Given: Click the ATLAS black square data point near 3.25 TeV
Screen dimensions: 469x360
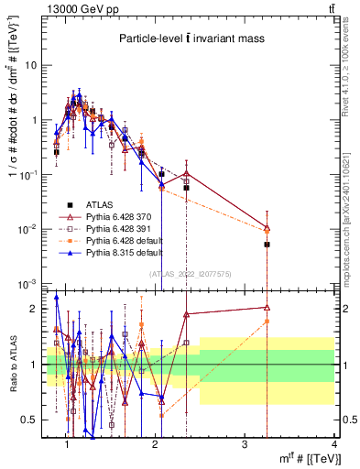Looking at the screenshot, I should pos(267,245).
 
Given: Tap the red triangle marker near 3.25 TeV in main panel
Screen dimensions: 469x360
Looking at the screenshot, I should pos(267,228).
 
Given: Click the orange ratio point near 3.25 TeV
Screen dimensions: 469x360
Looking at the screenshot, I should pos(267,322).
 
